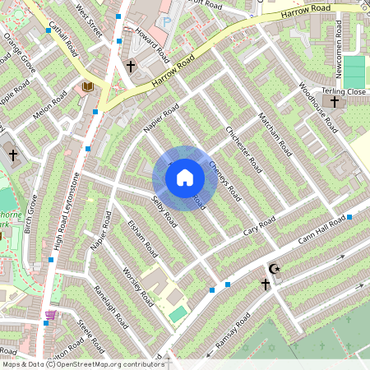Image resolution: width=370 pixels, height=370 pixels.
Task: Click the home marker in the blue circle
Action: coord(185,178)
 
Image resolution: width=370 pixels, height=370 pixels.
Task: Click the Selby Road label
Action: coord(164,212)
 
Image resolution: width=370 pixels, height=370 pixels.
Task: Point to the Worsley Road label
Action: coord(136,284)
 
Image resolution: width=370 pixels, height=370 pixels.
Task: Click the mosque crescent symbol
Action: coord(275,270)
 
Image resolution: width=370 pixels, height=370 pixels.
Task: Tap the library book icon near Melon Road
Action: coord(87,86)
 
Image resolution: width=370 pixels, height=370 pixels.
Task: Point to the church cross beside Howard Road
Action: coord(130,65)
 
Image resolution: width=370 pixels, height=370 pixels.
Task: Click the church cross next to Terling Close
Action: coord(334,102)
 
